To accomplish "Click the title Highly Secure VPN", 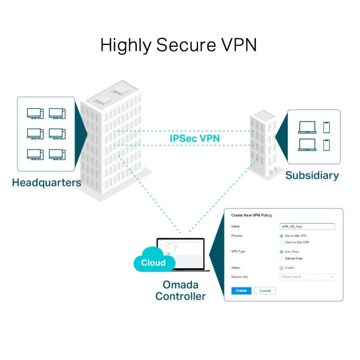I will coord(178,45).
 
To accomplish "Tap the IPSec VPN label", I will coord(194,138).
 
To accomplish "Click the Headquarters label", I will coord(46,183).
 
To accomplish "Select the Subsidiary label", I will coord(312,175).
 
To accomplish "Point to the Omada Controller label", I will coord(180,291).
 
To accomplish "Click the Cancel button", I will coord(265,291).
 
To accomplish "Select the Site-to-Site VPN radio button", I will coord(282,235).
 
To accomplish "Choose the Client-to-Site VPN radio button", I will coord(282,242).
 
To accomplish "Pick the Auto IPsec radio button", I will coord(282,252).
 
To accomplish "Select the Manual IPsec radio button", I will coord(282,258).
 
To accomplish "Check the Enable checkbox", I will coord(282,268).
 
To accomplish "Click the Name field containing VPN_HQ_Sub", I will coord(307,227).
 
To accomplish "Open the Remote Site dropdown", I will coord(307,277).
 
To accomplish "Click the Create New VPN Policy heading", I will coord(251,216).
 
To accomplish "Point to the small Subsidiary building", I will coord(263,144).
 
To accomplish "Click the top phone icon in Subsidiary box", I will coord(326,127).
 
